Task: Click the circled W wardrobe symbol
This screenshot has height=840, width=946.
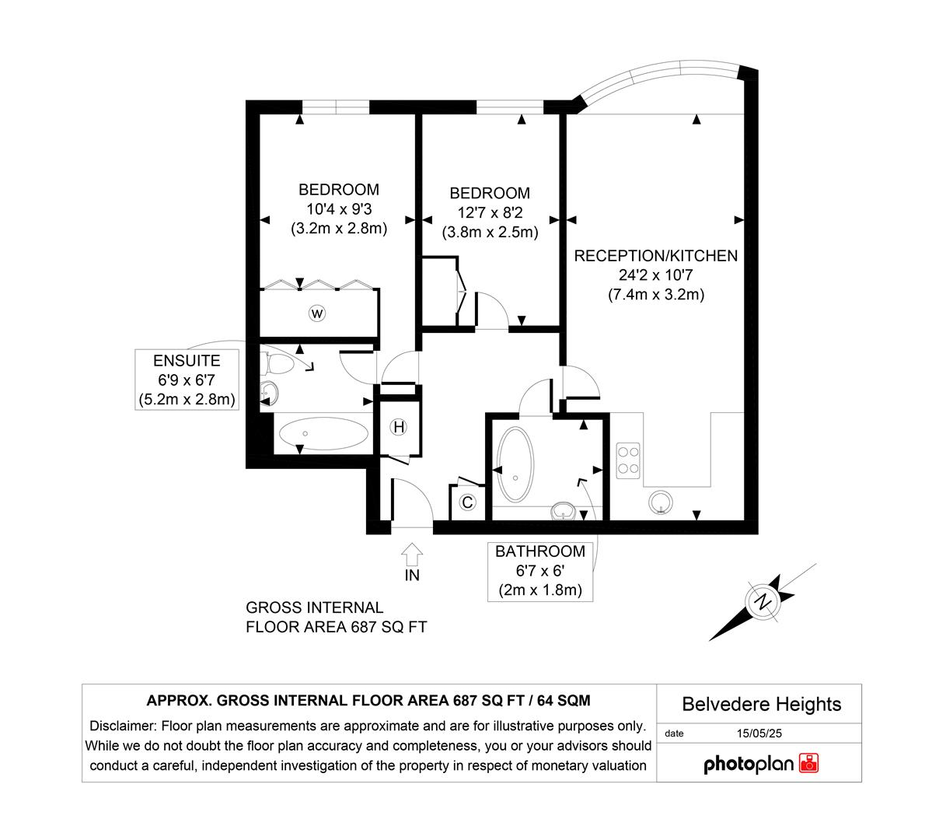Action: pyautogui.click(x=317, y=313)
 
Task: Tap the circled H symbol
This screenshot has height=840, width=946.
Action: pyautogui.click(x=399, y=427)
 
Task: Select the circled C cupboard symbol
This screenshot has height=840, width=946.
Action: pyautogui.click(x=467, y=502)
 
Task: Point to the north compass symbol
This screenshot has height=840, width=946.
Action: pyautogui.click(x=764, y=601)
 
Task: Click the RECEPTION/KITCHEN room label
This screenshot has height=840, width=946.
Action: pyautogui.click(x=655, y=256)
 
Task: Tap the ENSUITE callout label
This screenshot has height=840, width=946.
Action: pyautogui.click(x=187, y=361)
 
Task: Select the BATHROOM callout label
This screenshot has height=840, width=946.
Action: pyautogui.click(x=540, y=551)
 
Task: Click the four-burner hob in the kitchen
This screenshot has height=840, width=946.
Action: pyautogui.click(x=628, y=460)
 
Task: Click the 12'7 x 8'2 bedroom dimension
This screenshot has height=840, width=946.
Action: pyautogui.click(x=490, y=213)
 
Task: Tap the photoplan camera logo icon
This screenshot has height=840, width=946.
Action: pyautogui.click(x=809, y=763)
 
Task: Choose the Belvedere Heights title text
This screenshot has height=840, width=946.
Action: pyautogui.click(x=761, y=704)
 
